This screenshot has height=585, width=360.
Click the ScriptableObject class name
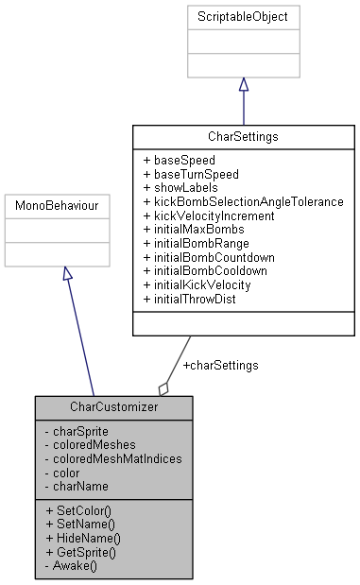click(x=244, y=17)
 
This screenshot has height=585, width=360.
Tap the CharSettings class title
click(x=244, y=137)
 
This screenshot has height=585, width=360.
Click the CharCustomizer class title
click(x=114, y=407)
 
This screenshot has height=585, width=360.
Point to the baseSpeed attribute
click(x=179, y=160)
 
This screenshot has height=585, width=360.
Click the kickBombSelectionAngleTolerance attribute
click(x=243, y=201)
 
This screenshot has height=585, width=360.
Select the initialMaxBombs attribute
click(x=193, y=229)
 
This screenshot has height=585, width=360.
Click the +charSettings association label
click(x=220, y=365)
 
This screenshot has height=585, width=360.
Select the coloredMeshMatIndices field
click(x=113, y=457)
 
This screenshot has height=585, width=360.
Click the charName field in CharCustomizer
click(x=79, y=485)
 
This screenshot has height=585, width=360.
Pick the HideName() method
click(x=83, y=537)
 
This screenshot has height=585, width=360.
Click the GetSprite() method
click(x=82, y=551)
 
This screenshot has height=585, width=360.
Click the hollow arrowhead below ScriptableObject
click(x=244, y=84)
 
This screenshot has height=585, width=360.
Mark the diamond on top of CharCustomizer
click(x=164, y=387)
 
